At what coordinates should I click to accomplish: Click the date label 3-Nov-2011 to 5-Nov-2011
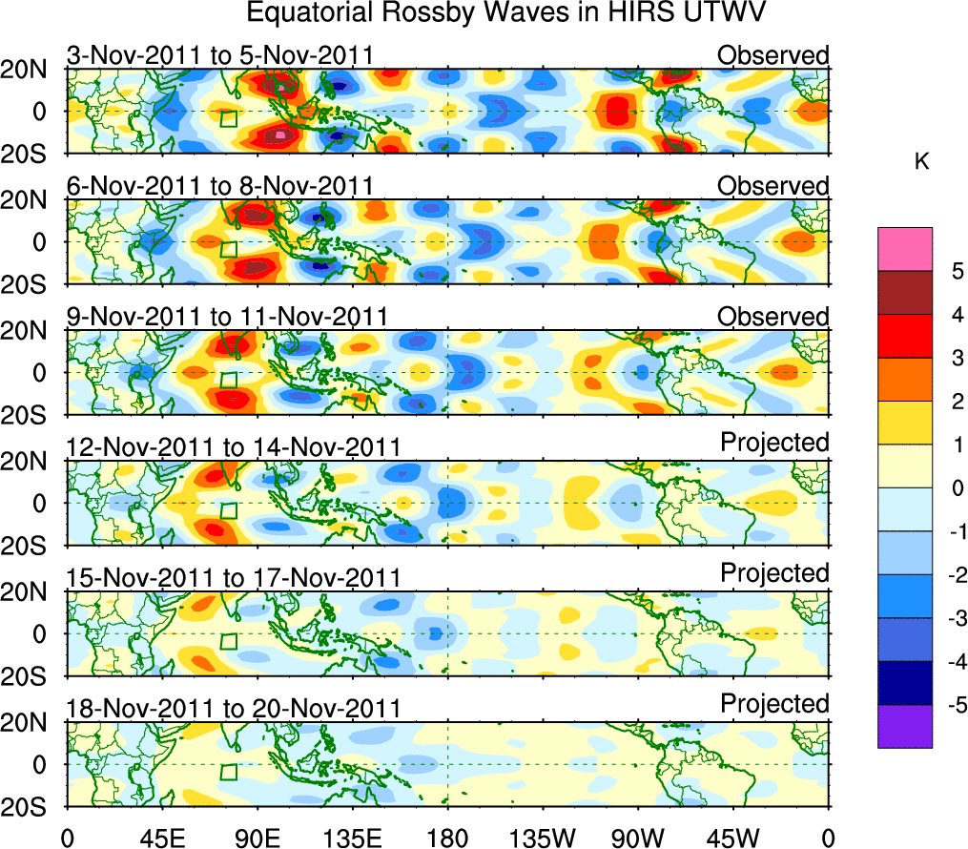coord(219,55)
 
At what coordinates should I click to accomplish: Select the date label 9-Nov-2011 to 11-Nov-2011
coord(227,317)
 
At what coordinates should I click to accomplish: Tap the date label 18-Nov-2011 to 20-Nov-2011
coord(234,709)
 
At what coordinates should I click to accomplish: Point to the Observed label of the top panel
coord(773,55)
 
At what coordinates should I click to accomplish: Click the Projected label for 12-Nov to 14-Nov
coord(774,443)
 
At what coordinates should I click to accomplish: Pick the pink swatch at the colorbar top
coord(904,249)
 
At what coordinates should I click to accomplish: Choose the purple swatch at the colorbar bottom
coord(904,726)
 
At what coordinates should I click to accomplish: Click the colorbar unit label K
coord(921,163)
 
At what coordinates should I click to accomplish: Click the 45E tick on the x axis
coord(161,839)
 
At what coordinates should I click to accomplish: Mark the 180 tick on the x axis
coord(448,839)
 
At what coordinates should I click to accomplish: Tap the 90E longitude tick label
coord(257,839)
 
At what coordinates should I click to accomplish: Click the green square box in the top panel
coord(228,119)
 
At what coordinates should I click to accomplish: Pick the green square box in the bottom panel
coord(228,773)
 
